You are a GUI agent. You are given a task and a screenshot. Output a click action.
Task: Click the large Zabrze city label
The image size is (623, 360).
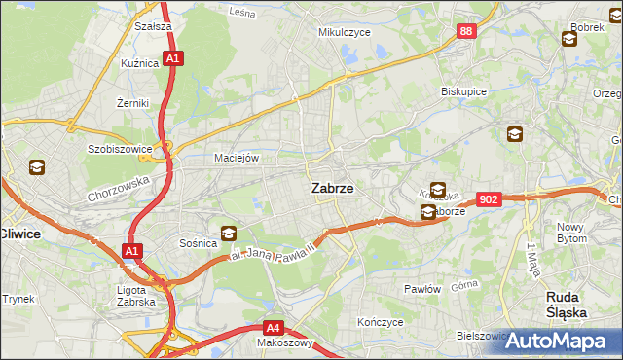331,189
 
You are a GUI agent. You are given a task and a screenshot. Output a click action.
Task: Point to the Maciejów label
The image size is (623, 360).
236,158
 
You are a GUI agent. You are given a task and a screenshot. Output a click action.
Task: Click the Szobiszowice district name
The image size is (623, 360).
122,150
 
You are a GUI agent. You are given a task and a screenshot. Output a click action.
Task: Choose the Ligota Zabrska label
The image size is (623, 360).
135,295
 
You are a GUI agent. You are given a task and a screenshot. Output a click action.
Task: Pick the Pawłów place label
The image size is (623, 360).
423,289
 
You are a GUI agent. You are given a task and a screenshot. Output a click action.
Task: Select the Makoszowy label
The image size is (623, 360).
284,342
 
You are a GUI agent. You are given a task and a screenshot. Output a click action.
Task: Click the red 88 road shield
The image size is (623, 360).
467,32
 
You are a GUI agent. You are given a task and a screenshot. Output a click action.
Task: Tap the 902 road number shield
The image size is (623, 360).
490,199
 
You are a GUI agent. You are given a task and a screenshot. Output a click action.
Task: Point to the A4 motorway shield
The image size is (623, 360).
275,328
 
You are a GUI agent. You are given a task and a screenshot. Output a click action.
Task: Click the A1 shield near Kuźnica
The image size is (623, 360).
172,59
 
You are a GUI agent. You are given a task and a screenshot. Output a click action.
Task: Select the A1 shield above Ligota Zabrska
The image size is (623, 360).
131,252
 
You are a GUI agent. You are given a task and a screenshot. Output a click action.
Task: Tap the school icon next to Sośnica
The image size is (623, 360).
228,233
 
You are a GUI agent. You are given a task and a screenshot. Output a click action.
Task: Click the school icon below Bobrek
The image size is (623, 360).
568,39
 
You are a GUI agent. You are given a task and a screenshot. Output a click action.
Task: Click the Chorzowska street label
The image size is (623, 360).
114,182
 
